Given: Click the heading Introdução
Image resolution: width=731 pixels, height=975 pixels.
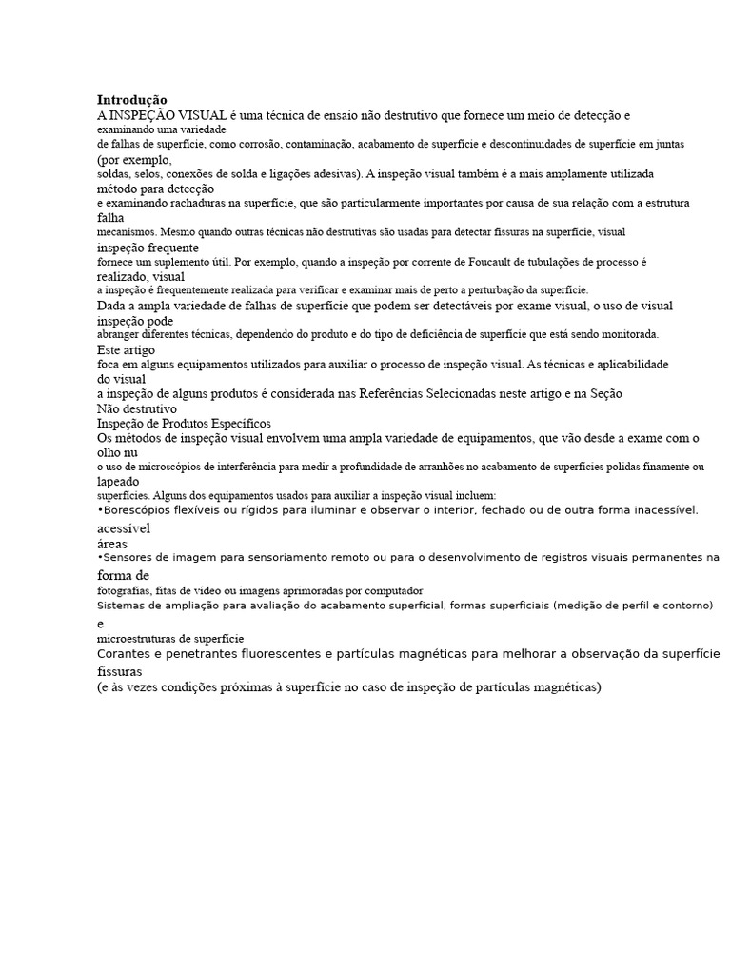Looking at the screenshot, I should coord(131,100).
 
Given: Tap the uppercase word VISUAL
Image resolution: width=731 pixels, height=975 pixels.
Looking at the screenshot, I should coord(196,115).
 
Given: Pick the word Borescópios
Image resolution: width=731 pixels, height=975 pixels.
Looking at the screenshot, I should coord(139,510).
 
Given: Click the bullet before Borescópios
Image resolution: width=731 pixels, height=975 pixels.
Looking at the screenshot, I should coord(100,510).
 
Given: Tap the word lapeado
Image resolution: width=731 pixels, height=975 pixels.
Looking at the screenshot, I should coord(118,482).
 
